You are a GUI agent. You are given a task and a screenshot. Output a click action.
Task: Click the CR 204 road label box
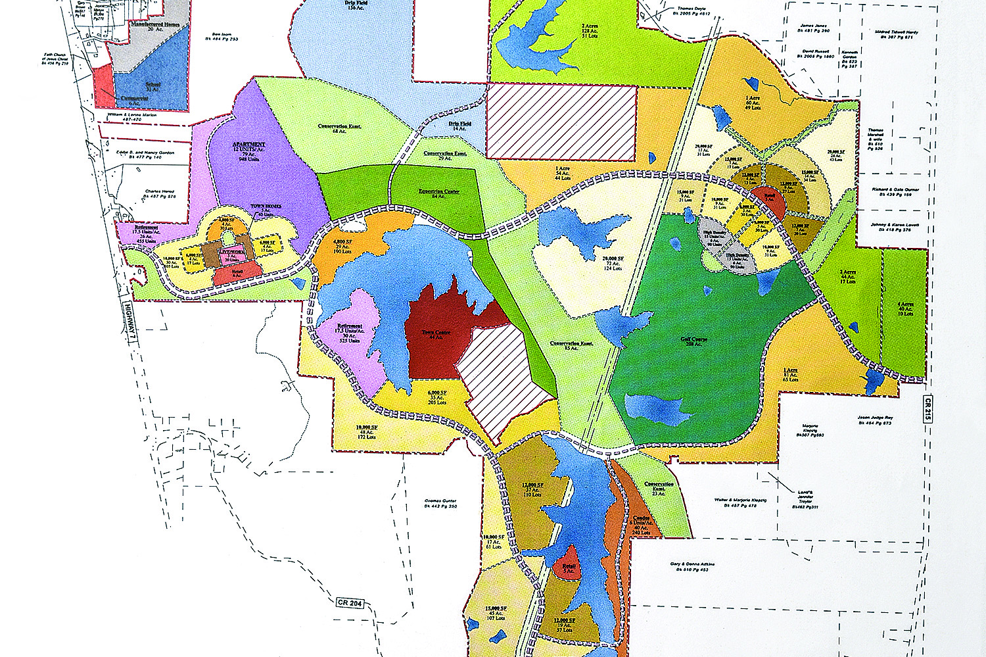[x=350, y=602]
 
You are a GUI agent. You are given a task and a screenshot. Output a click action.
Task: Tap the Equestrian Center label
[x=439, y=193]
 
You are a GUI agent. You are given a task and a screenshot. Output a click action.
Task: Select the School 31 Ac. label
[x=151, y=86]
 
